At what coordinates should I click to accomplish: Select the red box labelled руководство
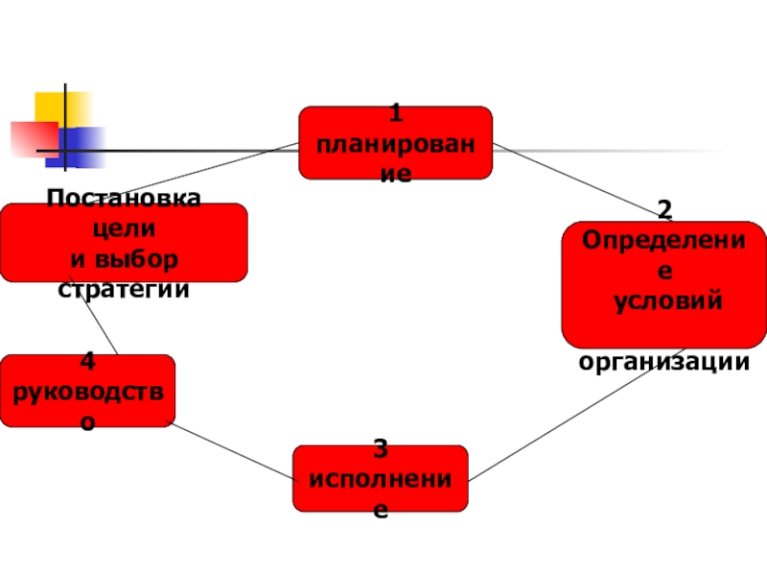pyautogui.click(x=87, y=391)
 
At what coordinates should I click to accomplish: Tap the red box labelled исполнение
pyautogui.click(x=381, y=477)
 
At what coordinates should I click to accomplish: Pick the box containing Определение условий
pyautogui.click(x=663, y=284)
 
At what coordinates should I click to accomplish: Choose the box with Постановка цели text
pyautogui.click(x=124, y=242)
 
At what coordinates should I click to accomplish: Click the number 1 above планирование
pyautogui.click(x=395, y=116)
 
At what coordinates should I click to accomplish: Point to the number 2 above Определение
pyautogui.click(x=663, y=208)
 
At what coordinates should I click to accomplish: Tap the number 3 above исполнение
pyautogui.click(x=381, y=448)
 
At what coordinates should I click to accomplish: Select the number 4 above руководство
pyautogui.click(x=87, y=362)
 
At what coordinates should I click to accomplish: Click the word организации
pyautogui.click(x=663, y=362)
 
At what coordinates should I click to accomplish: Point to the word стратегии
pyautogui.click(x=124, y=289)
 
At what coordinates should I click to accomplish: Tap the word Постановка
pyautogui.click(x=124, y=199)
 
